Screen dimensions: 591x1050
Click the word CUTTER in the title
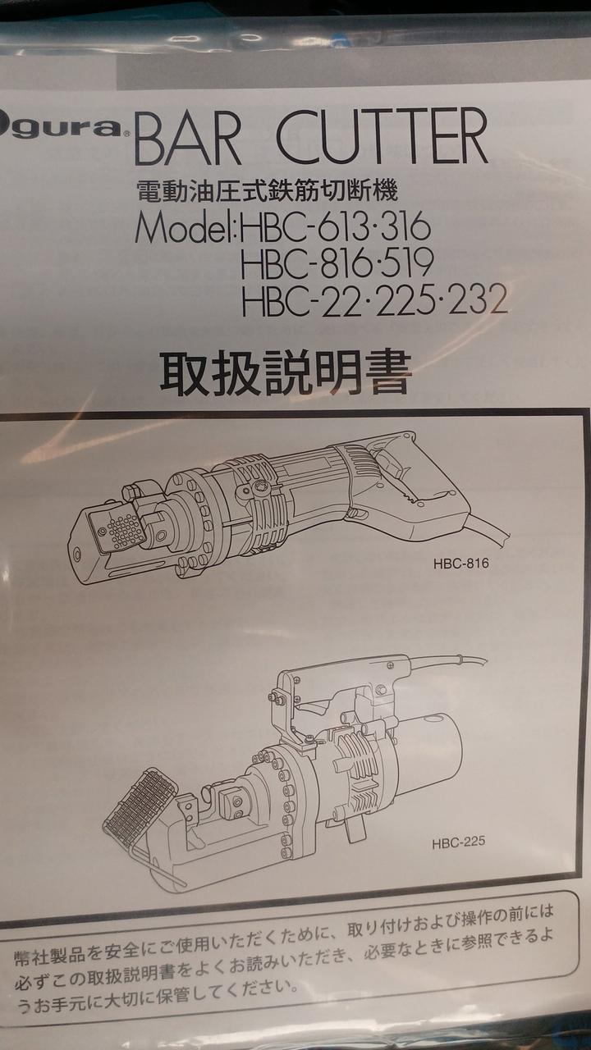[382, 135]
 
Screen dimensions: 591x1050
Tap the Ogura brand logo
[61, 127]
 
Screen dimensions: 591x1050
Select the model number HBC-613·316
[335, 226]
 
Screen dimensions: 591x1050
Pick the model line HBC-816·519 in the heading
[337, 263]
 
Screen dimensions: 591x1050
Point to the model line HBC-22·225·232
[374, 299]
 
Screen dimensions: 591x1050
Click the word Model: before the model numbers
[186, 227]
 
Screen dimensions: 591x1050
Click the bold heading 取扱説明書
[286, 372]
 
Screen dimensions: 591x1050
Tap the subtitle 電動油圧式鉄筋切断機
[268, 191]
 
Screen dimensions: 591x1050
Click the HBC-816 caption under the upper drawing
[461, 564]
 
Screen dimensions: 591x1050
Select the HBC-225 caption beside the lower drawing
[459, 842]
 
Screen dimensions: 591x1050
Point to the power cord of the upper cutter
[488, 530]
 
